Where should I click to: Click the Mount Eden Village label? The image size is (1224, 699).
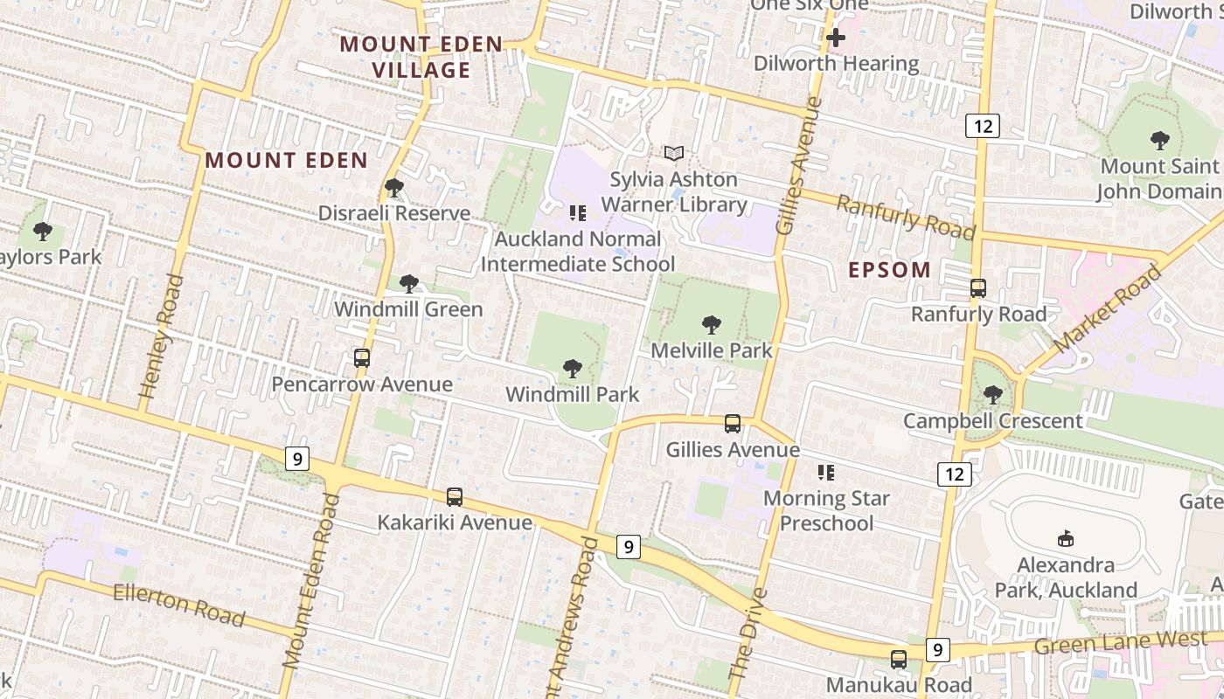pyautogui.click(x=421, y=57)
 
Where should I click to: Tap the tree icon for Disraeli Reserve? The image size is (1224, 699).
pyautogui.click(x=394, y=187)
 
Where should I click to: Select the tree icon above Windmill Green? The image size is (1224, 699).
pyautogui.click(x=408, y=283)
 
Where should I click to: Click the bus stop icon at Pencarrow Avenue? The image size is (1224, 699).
pyautogui.click(x=362, y=357)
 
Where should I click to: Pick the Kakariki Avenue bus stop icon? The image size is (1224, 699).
pyautogui.click(x=455, y=496)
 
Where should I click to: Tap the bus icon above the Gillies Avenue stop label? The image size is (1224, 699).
pyautogui.click(x=733, y=424)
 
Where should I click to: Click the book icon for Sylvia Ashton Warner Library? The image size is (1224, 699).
pyautogui.click(x=673, y=154)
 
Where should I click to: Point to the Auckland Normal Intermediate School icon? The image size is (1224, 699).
pyautogui.click(x=577, y=212)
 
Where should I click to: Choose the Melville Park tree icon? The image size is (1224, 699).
pyautogui.click(x=712, y=325)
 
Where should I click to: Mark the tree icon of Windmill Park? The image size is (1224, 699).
pyautogui.click(x=573, y=368)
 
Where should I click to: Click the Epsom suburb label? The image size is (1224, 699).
pyautogui.click(x=889, y=270)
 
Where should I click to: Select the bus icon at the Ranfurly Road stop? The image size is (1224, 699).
pyautogui.click(x=978, y=287)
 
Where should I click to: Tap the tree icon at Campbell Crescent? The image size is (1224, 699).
pyautogui.click(x=992, y=395)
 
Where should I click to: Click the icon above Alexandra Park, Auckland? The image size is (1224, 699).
pyautogui.click(x=1066, y=538)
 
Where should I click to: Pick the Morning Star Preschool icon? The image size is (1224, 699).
pyautogui.click(x=826, y=473)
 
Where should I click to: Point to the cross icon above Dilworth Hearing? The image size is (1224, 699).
pyautogui.click(x=836, y=38)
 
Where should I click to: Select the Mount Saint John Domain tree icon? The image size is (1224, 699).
pyautogui.click(x=1159, y=140)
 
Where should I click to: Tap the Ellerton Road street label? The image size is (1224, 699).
pyautogui.click(x=178, y=605)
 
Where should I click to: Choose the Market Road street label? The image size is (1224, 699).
pyautogui.click(x=1108, y=308)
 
